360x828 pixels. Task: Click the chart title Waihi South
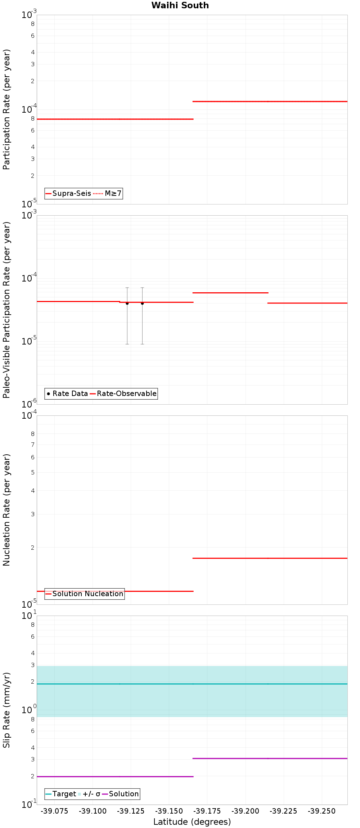pos(180,5)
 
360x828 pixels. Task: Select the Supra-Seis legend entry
pos(68,193)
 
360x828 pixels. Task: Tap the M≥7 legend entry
pos(108,193)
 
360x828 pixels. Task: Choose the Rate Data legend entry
pos(67,393)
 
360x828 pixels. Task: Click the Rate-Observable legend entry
pos(123,393)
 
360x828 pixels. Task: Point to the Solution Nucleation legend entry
pos(85,594)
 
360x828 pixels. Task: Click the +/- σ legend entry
pos(89,794)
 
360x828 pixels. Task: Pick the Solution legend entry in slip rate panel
pos(121,794)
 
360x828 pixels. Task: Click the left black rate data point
pos(127,303)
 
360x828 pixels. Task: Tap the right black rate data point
pos(142,303)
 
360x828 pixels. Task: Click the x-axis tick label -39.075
pos(54,811)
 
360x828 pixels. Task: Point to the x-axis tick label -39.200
pos(245,811)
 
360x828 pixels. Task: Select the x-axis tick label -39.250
pos(321,811)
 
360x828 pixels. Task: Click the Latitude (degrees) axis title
pos(192,822)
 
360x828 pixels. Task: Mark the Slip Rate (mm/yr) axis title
pos(6,710)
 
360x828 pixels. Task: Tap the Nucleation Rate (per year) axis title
pos(6,510)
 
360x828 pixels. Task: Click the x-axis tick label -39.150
pos(169,811)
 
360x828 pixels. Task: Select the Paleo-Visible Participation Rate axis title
pos(6,310)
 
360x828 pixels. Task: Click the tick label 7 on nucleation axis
pos(33,445)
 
